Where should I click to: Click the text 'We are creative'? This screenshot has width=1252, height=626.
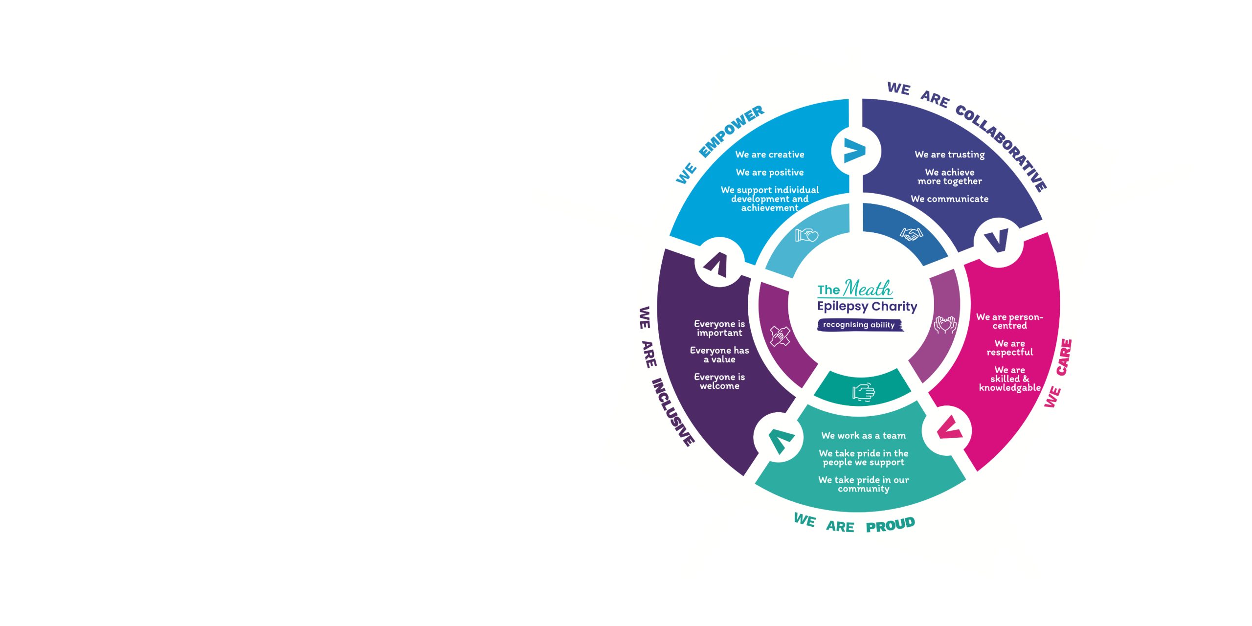[769, 155]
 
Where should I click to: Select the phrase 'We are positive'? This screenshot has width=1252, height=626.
[769, 172]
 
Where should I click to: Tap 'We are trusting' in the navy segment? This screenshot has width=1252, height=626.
[949, 155]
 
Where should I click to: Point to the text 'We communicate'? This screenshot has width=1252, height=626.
[949, 199]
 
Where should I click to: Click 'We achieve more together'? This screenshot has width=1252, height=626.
[949, 177]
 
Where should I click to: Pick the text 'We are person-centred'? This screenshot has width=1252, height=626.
[1009, 321]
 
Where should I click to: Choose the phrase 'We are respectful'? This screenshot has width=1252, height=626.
[1009, 348]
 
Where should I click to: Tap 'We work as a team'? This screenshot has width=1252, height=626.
[863, 436]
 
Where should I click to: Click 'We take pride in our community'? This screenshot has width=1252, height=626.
[863, 484]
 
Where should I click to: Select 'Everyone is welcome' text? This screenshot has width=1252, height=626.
[719, 381]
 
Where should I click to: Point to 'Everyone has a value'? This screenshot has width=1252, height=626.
[719, 355]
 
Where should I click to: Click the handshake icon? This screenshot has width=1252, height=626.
[911, 234]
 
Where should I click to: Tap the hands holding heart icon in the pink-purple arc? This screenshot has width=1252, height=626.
[945, 325]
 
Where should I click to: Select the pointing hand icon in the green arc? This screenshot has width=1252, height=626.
[863, 392]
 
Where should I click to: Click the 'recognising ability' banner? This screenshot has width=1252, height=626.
[859, 325]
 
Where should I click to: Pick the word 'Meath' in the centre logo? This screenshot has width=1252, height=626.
[868, 289]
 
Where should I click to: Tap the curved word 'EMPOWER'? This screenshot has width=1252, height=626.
[731, 131]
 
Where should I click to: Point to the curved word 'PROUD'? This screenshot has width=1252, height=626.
[890, 525]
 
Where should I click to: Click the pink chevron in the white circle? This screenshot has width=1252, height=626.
[949, 429]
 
